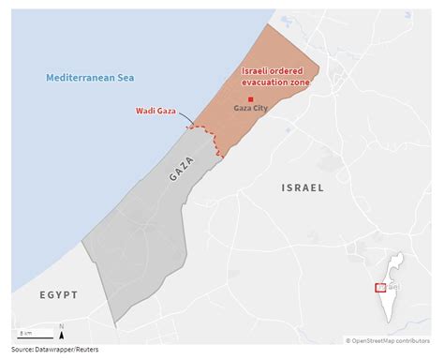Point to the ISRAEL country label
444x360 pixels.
click(302, 188)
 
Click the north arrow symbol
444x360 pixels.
click(62, 334)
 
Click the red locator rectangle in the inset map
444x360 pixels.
click(380, 288)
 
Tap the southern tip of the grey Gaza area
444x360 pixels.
click(116, 323)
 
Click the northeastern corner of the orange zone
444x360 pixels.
click(319, 67)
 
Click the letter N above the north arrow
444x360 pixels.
click(62, 325)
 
